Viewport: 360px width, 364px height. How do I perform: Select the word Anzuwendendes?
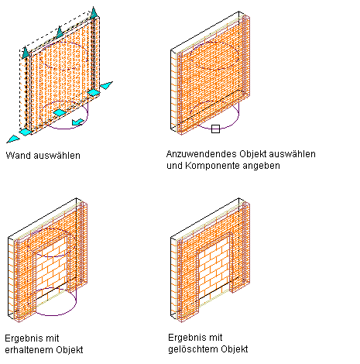tap(201, 154)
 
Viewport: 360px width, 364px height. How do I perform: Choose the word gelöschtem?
tap(192, 349)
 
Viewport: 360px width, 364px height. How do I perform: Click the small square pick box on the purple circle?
tap(215, 129)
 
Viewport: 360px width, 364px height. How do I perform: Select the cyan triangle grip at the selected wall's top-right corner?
tap(94, 12)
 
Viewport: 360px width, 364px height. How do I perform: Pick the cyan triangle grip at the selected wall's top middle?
tap(60, 32)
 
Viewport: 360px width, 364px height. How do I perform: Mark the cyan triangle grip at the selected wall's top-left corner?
tap(26, 53)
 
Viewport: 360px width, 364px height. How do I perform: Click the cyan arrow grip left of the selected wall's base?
tap(13, 139)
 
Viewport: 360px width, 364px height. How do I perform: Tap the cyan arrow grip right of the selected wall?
tap(106, 85)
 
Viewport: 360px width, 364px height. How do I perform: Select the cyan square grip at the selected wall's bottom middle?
tap(60, 112)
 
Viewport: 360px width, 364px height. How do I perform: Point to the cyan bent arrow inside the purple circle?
tap(77, 122)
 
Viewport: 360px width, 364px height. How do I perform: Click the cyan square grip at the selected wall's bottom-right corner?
tap(94, 92)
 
